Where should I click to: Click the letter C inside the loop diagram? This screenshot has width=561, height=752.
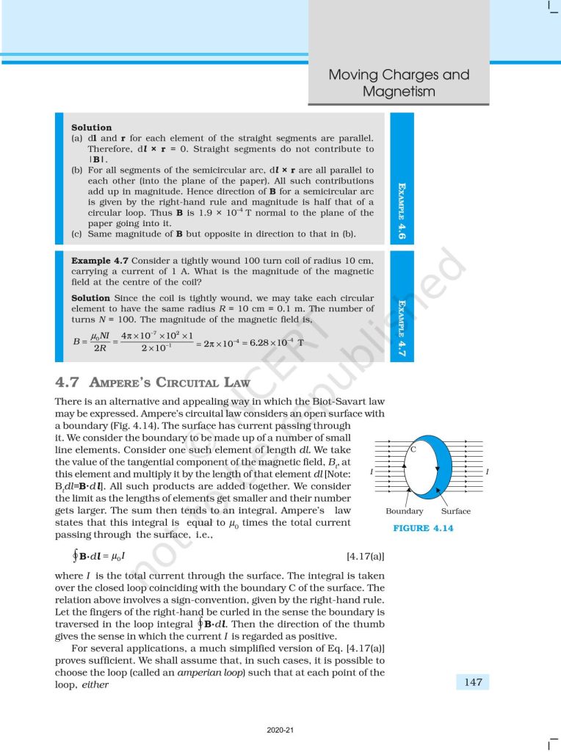tap(414, 448)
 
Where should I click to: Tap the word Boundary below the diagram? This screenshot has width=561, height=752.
tap(404, 511)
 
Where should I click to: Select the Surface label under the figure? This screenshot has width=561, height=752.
tap(456, 511)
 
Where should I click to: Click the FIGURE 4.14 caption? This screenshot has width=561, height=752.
tap(423, 528)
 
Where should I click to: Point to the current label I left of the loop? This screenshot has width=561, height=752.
tap(374, 471)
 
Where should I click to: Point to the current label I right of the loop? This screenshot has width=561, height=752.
tap(487, 471)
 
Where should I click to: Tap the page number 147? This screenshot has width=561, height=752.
tap(474, 682)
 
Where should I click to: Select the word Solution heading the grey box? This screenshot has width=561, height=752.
tap(91, 127)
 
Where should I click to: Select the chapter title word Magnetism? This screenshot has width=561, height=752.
tap(399, 92)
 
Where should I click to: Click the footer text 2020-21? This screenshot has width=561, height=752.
tap(280, 730)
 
